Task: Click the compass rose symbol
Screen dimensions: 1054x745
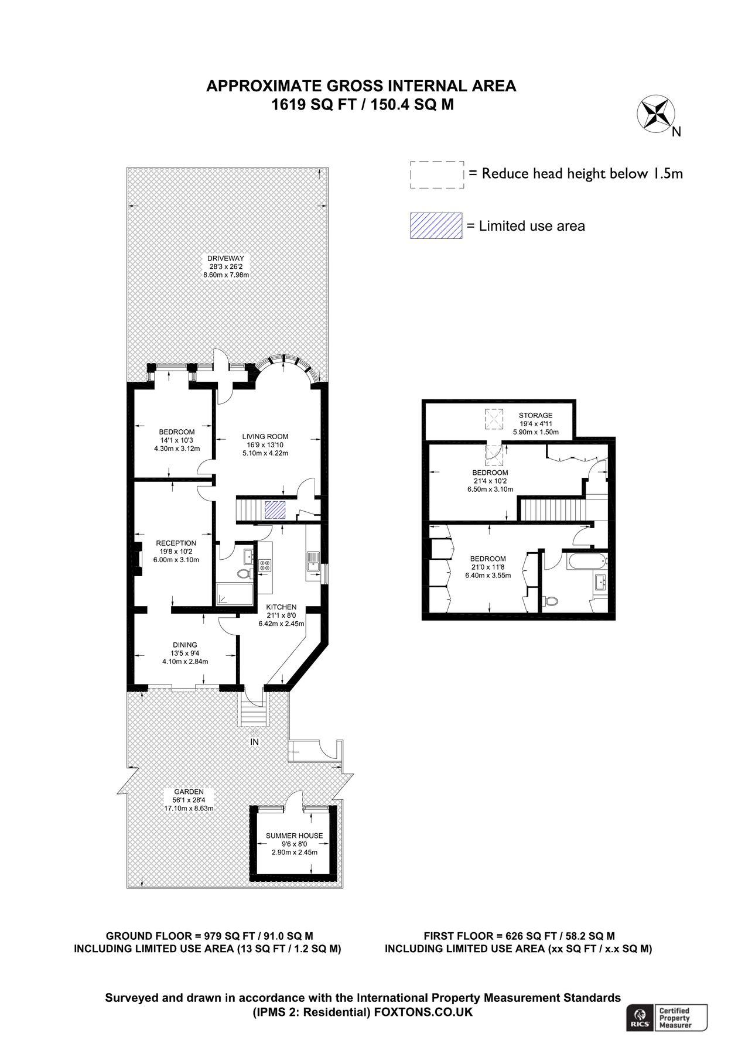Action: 655,113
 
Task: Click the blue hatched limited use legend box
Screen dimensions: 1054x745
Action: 436,225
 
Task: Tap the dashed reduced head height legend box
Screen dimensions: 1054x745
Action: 437,174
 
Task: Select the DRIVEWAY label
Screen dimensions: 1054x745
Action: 225,258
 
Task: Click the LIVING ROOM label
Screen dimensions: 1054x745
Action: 265,436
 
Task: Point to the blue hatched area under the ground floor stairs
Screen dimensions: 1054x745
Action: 275,510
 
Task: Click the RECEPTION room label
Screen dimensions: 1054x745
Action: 176,543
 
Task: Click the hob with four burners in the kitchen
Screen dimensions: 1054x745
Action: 265,565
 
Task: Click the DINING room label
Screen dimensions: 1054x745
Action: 185,645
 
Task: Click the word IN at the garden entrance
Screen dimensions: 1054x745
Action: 255,742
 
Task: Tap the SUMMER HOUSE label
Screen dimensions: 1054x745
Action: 294,836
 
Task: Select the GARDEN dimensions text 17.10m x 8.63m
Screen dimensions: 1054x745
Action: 189,808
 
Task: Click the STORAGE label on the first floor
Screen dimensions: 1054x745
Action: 535,415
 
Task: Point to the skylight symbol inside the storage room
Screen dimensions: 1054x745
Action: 494,419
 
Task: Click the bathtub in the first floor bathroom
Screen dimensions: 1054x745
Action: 586,562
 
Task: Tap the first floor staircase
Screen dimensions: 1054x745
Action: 553,509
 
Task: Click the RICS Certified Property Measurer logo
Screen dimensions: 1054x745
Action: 667,1018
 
